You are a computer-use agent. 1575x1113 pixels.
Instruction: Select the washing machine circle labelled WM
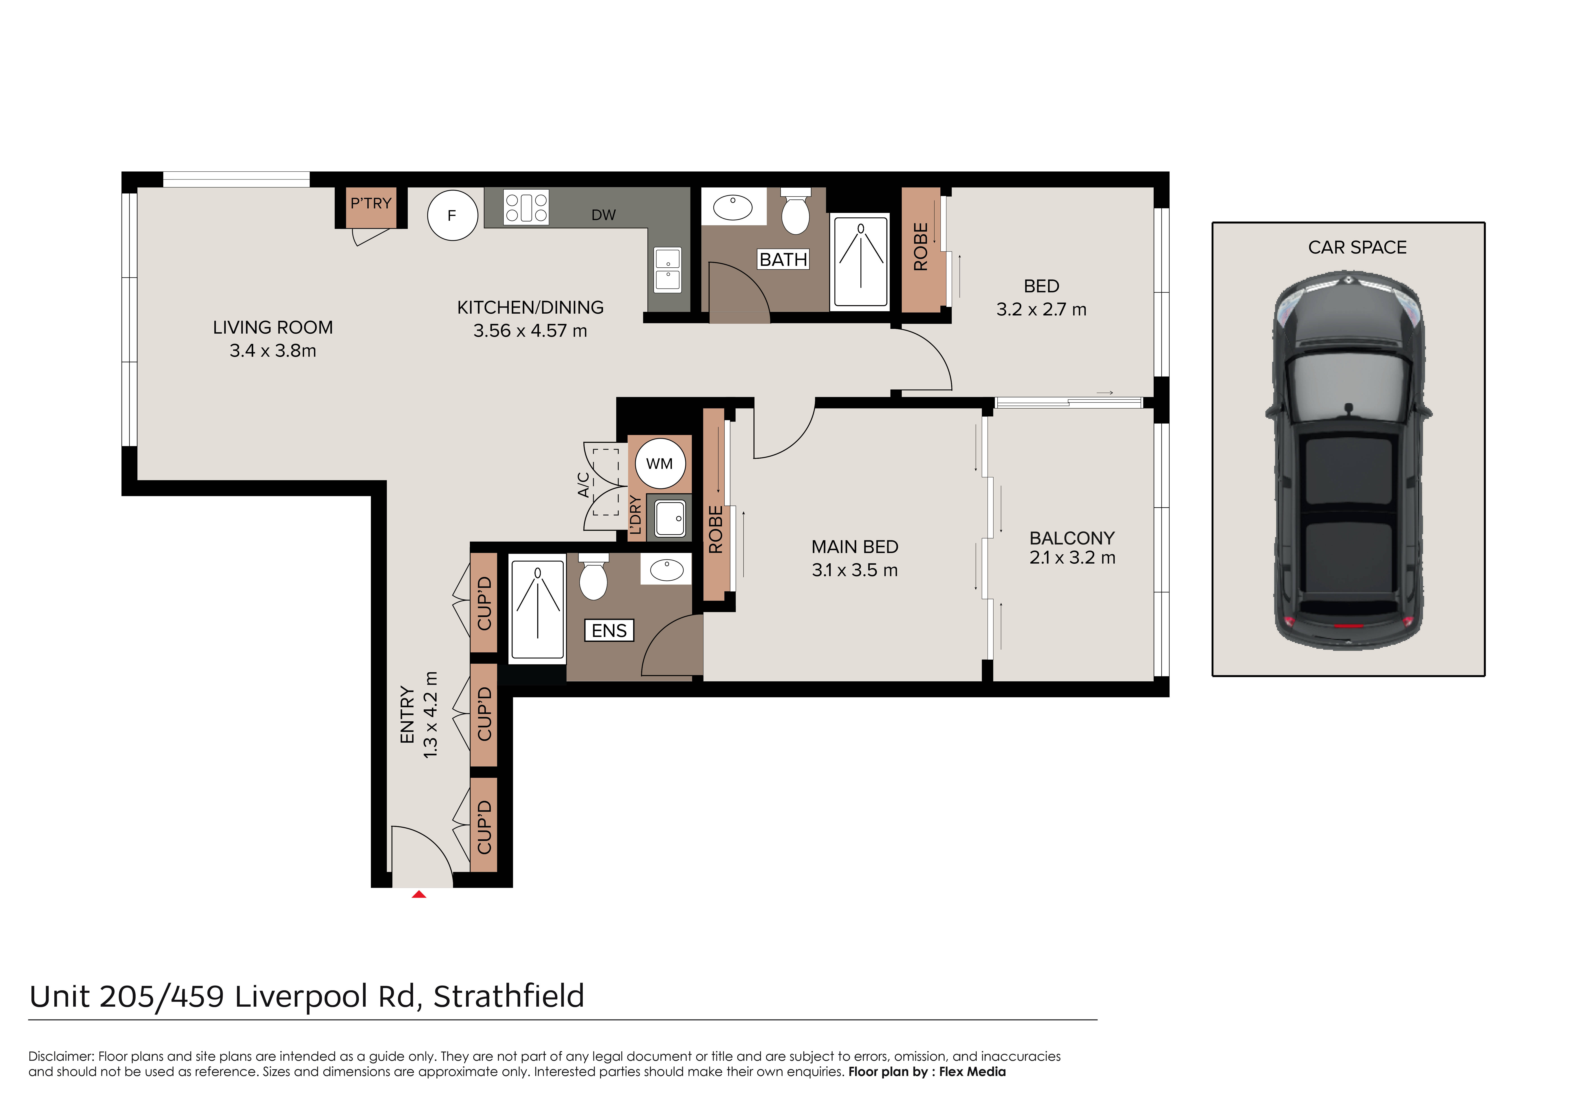click(659, 464)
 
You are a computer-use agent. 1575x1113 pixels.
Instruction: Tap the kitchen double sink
click(667, 269)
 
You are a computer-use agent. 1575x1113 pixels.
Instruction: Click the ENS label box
click(609, 630)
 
